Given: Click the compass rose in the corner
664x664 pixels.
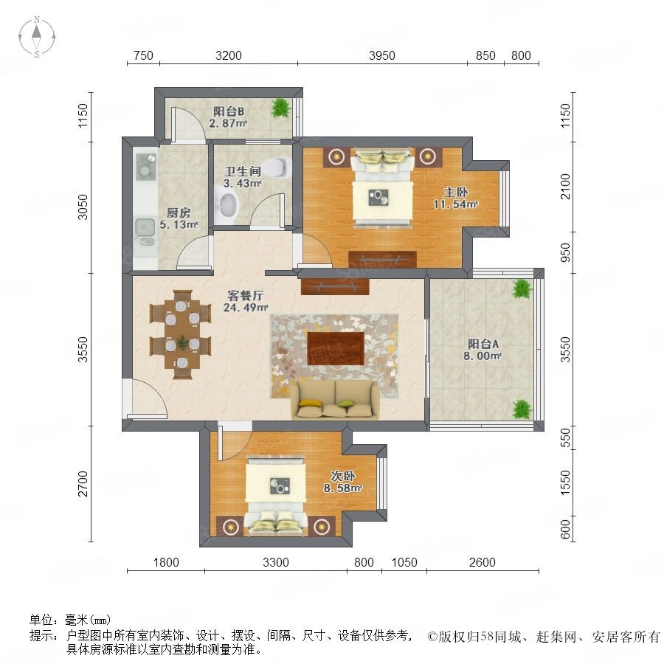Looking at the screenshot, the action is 37,37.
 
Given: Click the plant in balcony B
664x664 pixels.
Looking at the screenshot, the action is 281,108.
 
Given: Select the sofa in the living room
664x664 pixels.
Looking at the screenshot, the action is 335,399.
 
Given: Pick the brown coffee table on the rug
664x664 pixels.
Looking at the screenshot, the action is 336,348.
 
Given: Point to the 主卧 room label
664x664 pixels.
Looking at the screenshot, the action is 456,192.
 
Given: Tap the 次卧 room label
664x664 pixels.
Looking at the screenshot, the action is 343,476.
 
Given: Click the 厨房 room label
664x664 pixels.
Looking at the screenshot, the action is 179,212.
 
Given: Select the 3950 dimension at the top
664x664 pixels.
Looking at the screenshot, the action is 382,55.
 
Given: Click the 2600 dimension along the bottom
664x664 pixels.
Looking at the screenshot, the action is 483,562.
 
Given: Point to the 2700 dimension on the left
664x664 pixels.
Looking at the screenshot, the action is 83,483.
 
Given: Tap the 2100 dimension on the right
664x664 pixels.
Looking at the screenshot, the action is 565,187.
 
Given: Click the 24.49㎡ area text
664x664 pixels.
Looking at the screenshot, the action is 246,308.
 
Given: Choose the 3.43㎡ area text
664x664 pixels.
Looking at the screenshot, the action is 242,184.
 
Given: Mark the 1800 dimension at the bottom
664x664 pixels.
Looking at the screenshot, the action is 166,562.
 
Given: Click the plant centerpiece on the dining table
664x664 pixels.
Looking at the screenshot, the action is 182,342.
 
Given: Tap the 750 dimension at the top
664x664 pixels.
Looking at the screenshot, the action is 143,55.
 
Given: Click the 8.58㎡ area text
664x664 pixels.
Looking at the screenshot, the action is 343,488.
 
